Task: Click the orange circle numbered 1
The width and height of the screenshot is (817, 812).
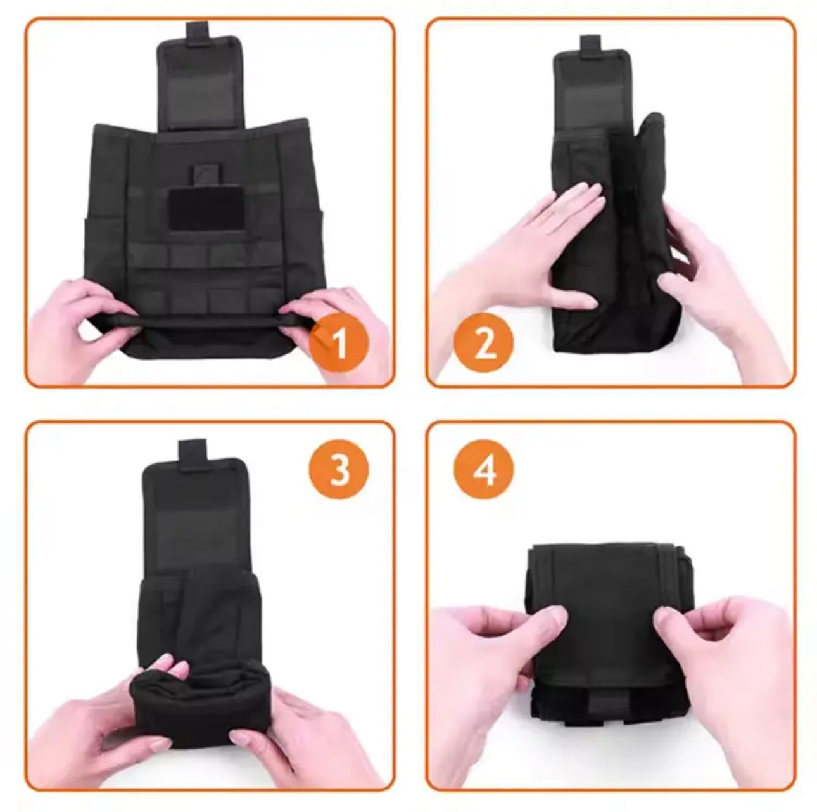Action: coord(339,344)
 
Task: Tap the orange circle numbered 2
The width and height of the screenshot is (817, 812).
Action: coord(484,344)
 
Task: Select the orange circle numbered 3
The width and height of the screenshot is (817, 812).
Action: coord(339,470)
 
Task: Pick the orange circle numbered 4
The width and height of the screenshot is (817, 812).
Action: coord(484,470)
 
